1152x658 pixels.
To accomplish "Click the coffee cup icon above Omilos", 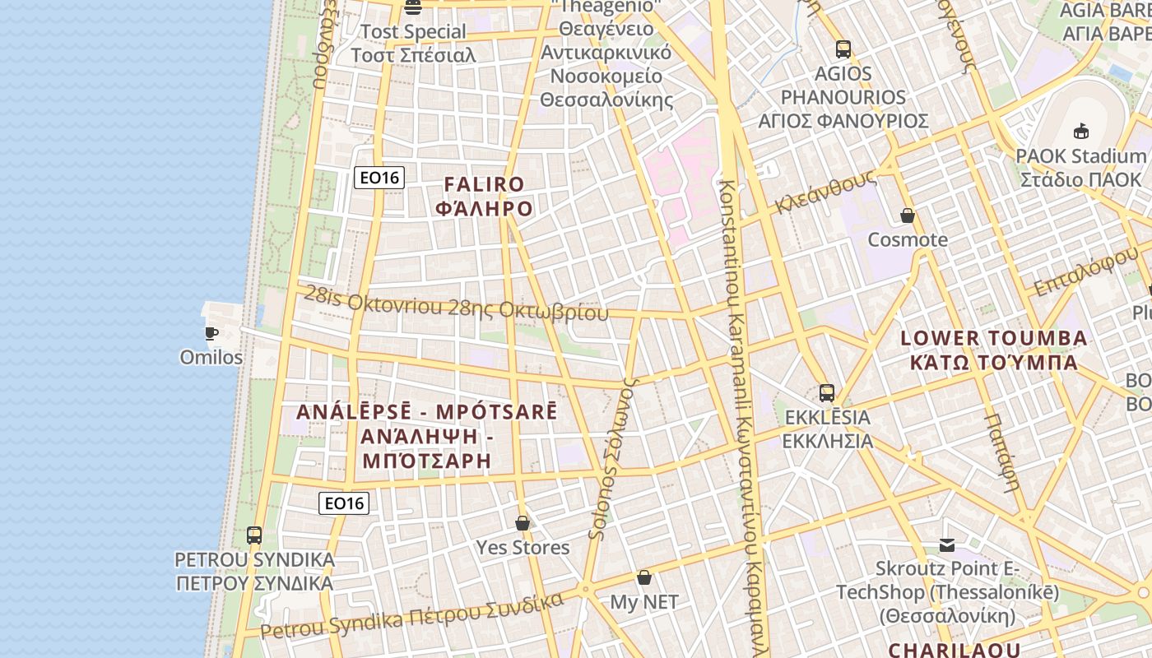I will (211, 333).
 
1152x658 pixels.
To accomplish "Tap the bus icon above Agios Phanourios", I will (843, 49).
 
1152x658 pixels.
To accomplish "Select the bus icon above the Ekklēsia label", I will (827, 393).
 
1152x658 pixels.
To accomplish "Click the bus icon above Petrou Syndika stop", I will (254, 535).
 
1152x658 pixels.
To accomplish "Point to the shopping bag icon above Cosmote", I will (908, 216).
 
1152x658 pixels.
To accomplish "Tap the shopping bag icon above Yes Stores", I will (522, 523).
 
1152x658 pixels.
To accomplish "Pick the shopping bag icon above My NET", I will (644, 578).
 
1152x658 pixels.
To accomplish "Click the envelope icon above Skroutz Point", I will (947, 544).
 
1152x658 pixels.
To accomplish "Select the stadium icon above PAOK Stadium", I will (1080, 132).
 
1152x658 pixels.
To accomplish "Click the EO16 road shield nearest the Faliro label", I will (379, 177).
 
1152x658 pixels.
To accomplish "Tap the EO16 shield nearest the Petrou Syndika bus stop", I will (344, 503).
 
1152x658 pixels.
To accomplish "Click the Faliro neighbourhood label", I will (484, 197).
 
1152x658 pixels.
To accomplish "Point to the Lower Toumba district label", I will (994, 350).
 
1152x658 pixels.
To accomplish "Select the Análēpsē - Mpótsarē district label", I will (426, 436).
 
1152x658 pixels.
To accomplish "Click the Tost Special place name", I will (414, 44).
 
